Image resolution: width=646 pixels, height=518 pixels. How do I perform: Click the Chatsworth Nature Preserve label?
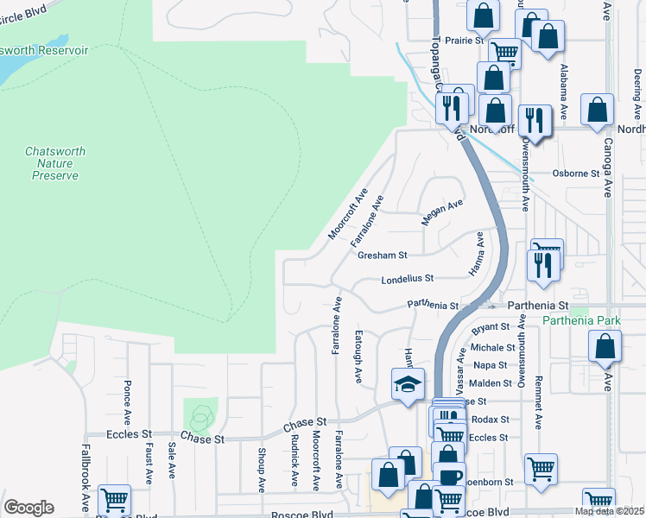[55, 163]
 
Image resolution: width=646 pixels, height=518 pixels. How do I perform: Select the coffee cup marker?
[448, 477]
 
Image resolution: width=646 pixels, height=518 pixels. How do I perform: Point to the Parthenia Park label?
[581, 321]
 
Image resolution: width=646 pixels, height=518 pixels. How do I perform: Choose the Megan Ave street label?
[442, 212]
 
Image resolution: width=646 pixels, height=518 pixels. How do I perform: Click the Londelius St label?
[407, 279]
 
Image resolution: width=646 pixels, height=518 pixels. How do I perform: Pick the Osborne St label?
[576, 174]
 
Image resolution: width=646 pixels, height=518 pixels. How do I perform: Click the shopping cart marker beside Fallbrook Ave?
[114, 500]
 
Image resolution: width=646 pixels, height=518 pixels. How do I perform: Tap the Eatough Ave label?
[358, 356]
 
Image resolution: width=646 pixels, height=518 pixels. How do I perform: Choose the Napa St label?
[484, 365]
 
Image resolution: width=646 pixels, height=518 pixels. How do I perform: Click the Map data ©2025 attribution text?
[609, 511]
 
